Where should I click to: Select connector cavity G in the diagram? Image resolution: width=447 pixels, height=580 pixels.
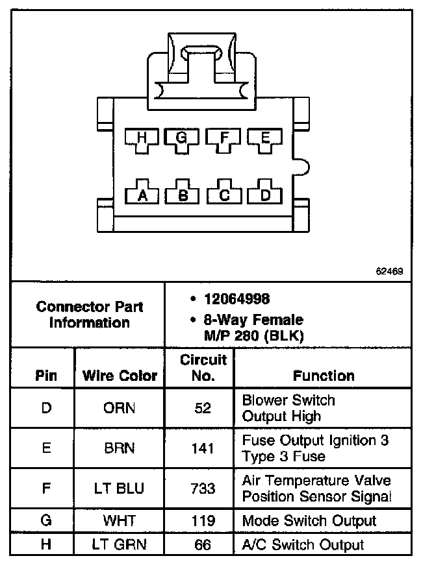[182, 138]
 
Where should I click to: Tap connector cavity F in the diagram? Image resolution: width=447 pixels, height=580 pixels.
[224, 138]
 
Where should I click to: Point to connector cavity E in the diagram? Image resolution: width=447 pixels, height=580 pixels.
[265, 138]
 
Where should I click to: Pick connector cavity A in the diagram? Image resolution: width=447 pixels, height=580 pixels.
[142, 194]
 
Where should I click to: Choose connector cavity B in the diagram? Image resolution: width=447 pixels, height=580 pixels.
[183, 194]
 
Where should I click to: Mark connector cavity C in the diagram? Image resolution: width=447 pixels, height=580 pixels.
[224, 194]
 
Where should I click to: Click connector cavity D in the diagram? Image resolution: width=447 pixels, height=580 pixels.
[265, 194]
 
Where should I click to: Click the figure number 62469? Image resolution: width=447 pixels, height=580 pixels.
[389, 271]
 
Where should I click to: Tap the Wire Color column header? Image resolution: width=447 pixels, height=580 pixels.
[120, 376]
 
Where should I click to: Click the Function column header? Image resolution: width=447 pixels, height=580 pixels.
[323, 376]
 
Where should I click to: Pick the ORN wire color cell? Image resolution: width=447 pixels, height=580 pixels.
[120, 409]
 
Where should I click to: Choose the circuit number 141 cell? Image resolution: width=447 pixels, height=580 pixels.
[203, 448]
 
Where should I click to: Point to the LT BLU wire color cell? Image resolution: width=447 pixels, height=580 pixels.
[120, 488]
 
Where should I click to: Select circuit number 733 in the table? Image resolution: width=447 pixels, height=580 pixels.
[203, 488]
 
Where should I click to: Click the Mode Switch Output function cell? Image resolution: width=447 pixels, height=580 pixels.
[309, 521]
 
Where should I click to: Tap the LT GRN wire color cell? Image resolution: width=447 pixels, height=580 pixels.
[120, 545]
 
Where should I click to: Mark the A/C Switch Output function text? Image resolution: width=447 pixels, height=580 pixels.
[303, 545]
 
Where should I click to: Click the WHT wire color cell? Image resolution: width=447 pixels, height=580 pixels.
[120, 521]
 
